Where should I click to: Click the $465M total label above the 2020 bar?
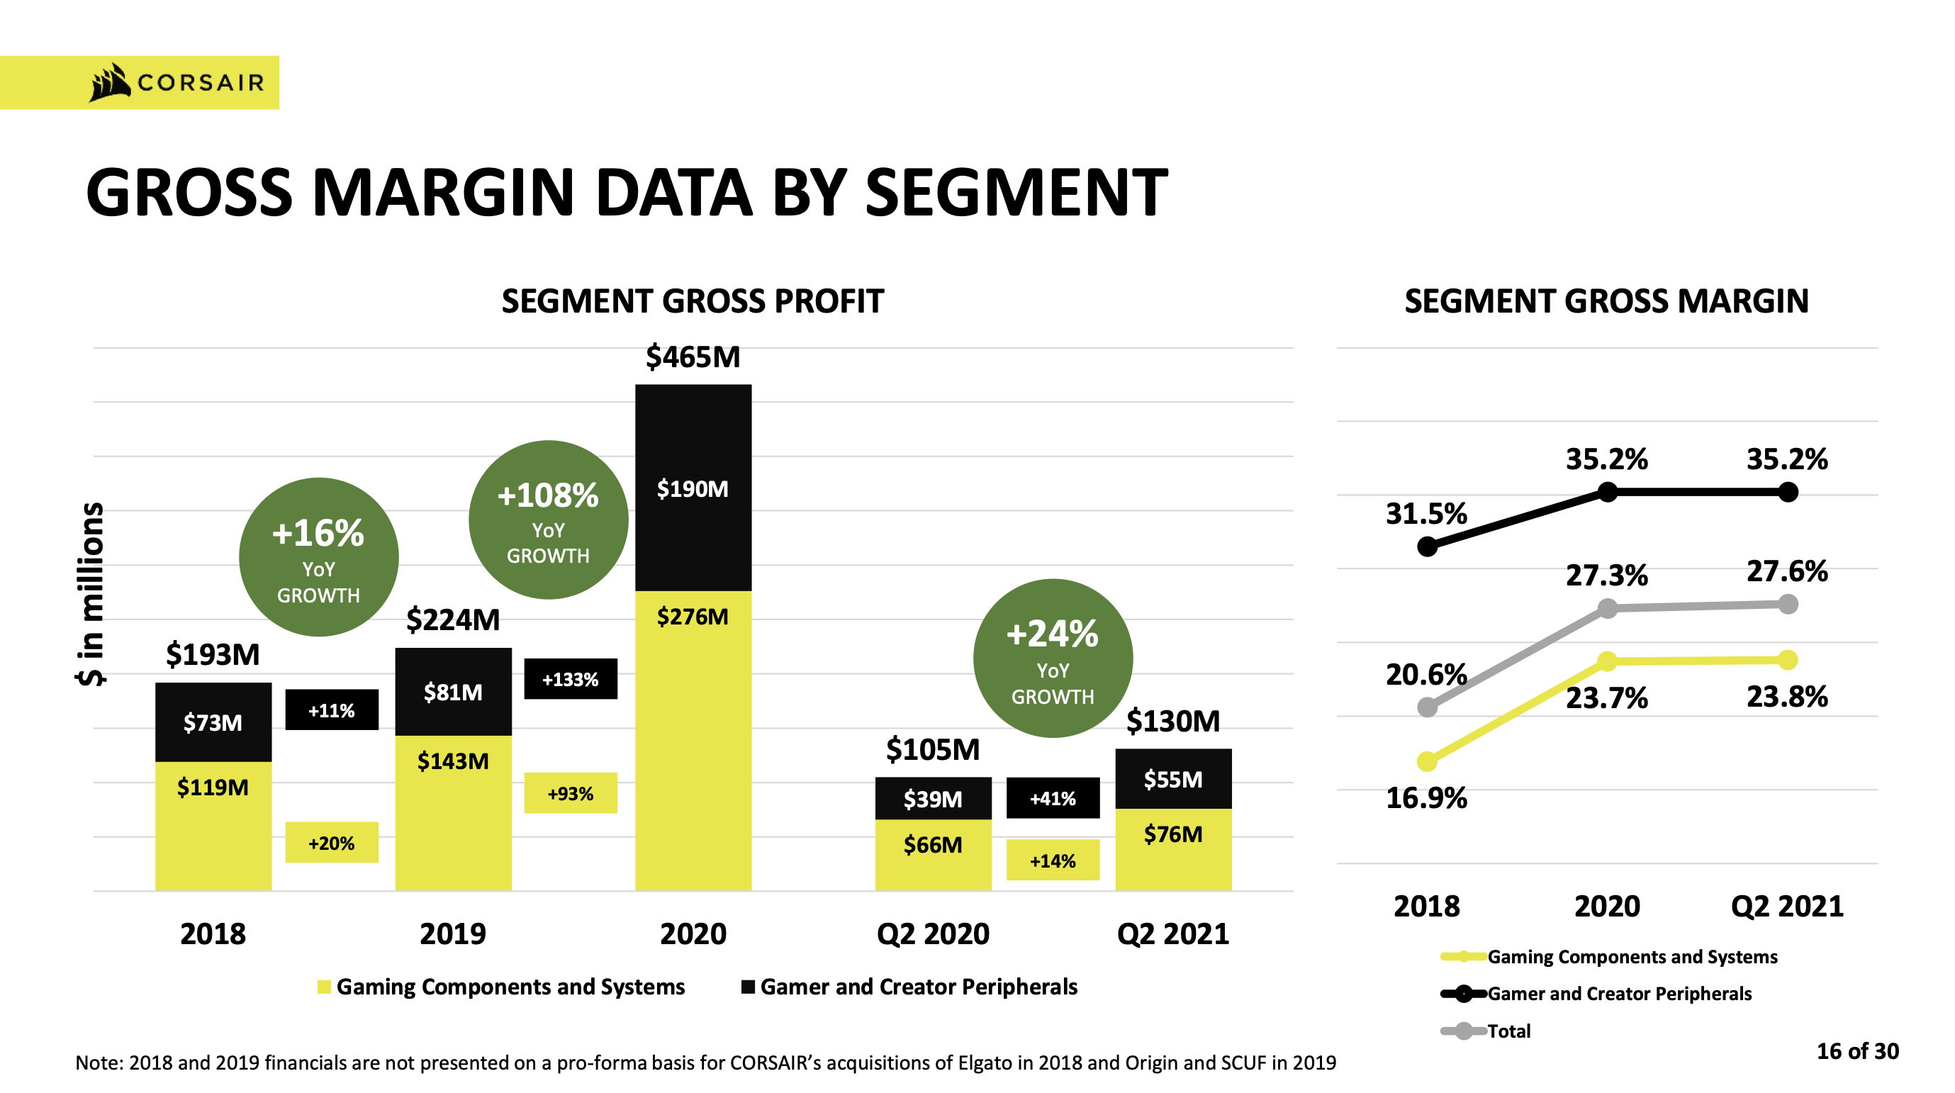(692, 357)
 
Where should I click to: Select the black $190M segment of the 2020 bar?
(692, 488)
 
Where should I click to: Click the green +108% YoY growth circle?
(548, 520)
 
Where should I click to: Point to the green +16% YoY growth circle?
(319, 557)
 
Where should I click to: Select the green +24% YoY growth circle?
(1053, 658)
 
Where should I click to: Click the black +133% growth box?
(570, 678)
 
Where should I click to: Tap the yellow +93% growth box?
(570, 793)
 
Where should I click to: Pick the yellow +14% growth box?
(1053, 860)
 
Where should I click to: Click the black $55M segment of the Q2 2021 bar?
(1172, 779)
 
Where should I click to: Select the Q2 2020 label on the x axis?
(933, 934)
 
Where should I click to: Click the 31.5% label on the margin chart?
(1426, 514)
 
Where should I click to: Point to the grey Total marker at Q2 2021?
(1788, 604)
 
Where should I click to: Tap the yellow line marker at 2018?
(1427, 761)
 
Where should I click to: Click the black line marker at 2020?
(1608, 493)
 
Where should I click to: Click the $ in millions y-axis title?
(91, 593)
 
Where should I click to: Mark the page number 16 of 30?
(1857, 1050)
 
